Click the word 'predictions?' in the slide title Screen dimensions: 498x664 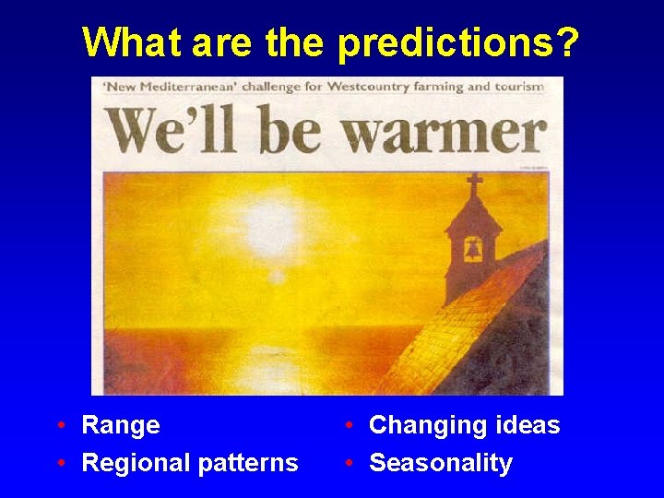click(x=459, y=42)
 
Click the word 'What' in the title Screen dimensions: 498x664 click(x=123, y=41)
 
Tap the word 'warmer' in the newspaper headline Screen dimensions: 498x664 click(x=445, y=132)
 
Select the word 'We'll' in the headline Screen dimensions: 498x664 click(x=178, y=131)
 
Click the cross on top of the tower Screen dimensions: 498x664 click(x=474, y=185)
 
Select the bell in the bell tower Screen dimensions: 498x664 click(x=472, y=249)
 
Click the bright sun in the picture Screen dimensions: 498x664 click(x=271, y=222)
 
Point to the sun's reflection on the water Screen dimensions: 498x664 click(x=267, y=355)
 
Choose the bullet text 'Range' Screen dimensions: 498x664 click(x=121, y=425)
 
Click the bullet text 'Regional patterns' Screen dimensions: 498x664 click(x=190, y=462)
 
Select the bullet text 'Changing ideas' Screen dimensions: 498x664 click(x=464, y=425)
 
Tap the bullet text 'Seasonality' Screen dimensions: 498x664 click(x=440, y=462)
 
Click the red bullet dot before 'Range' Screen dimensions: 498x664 click(x=60, y=426)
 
